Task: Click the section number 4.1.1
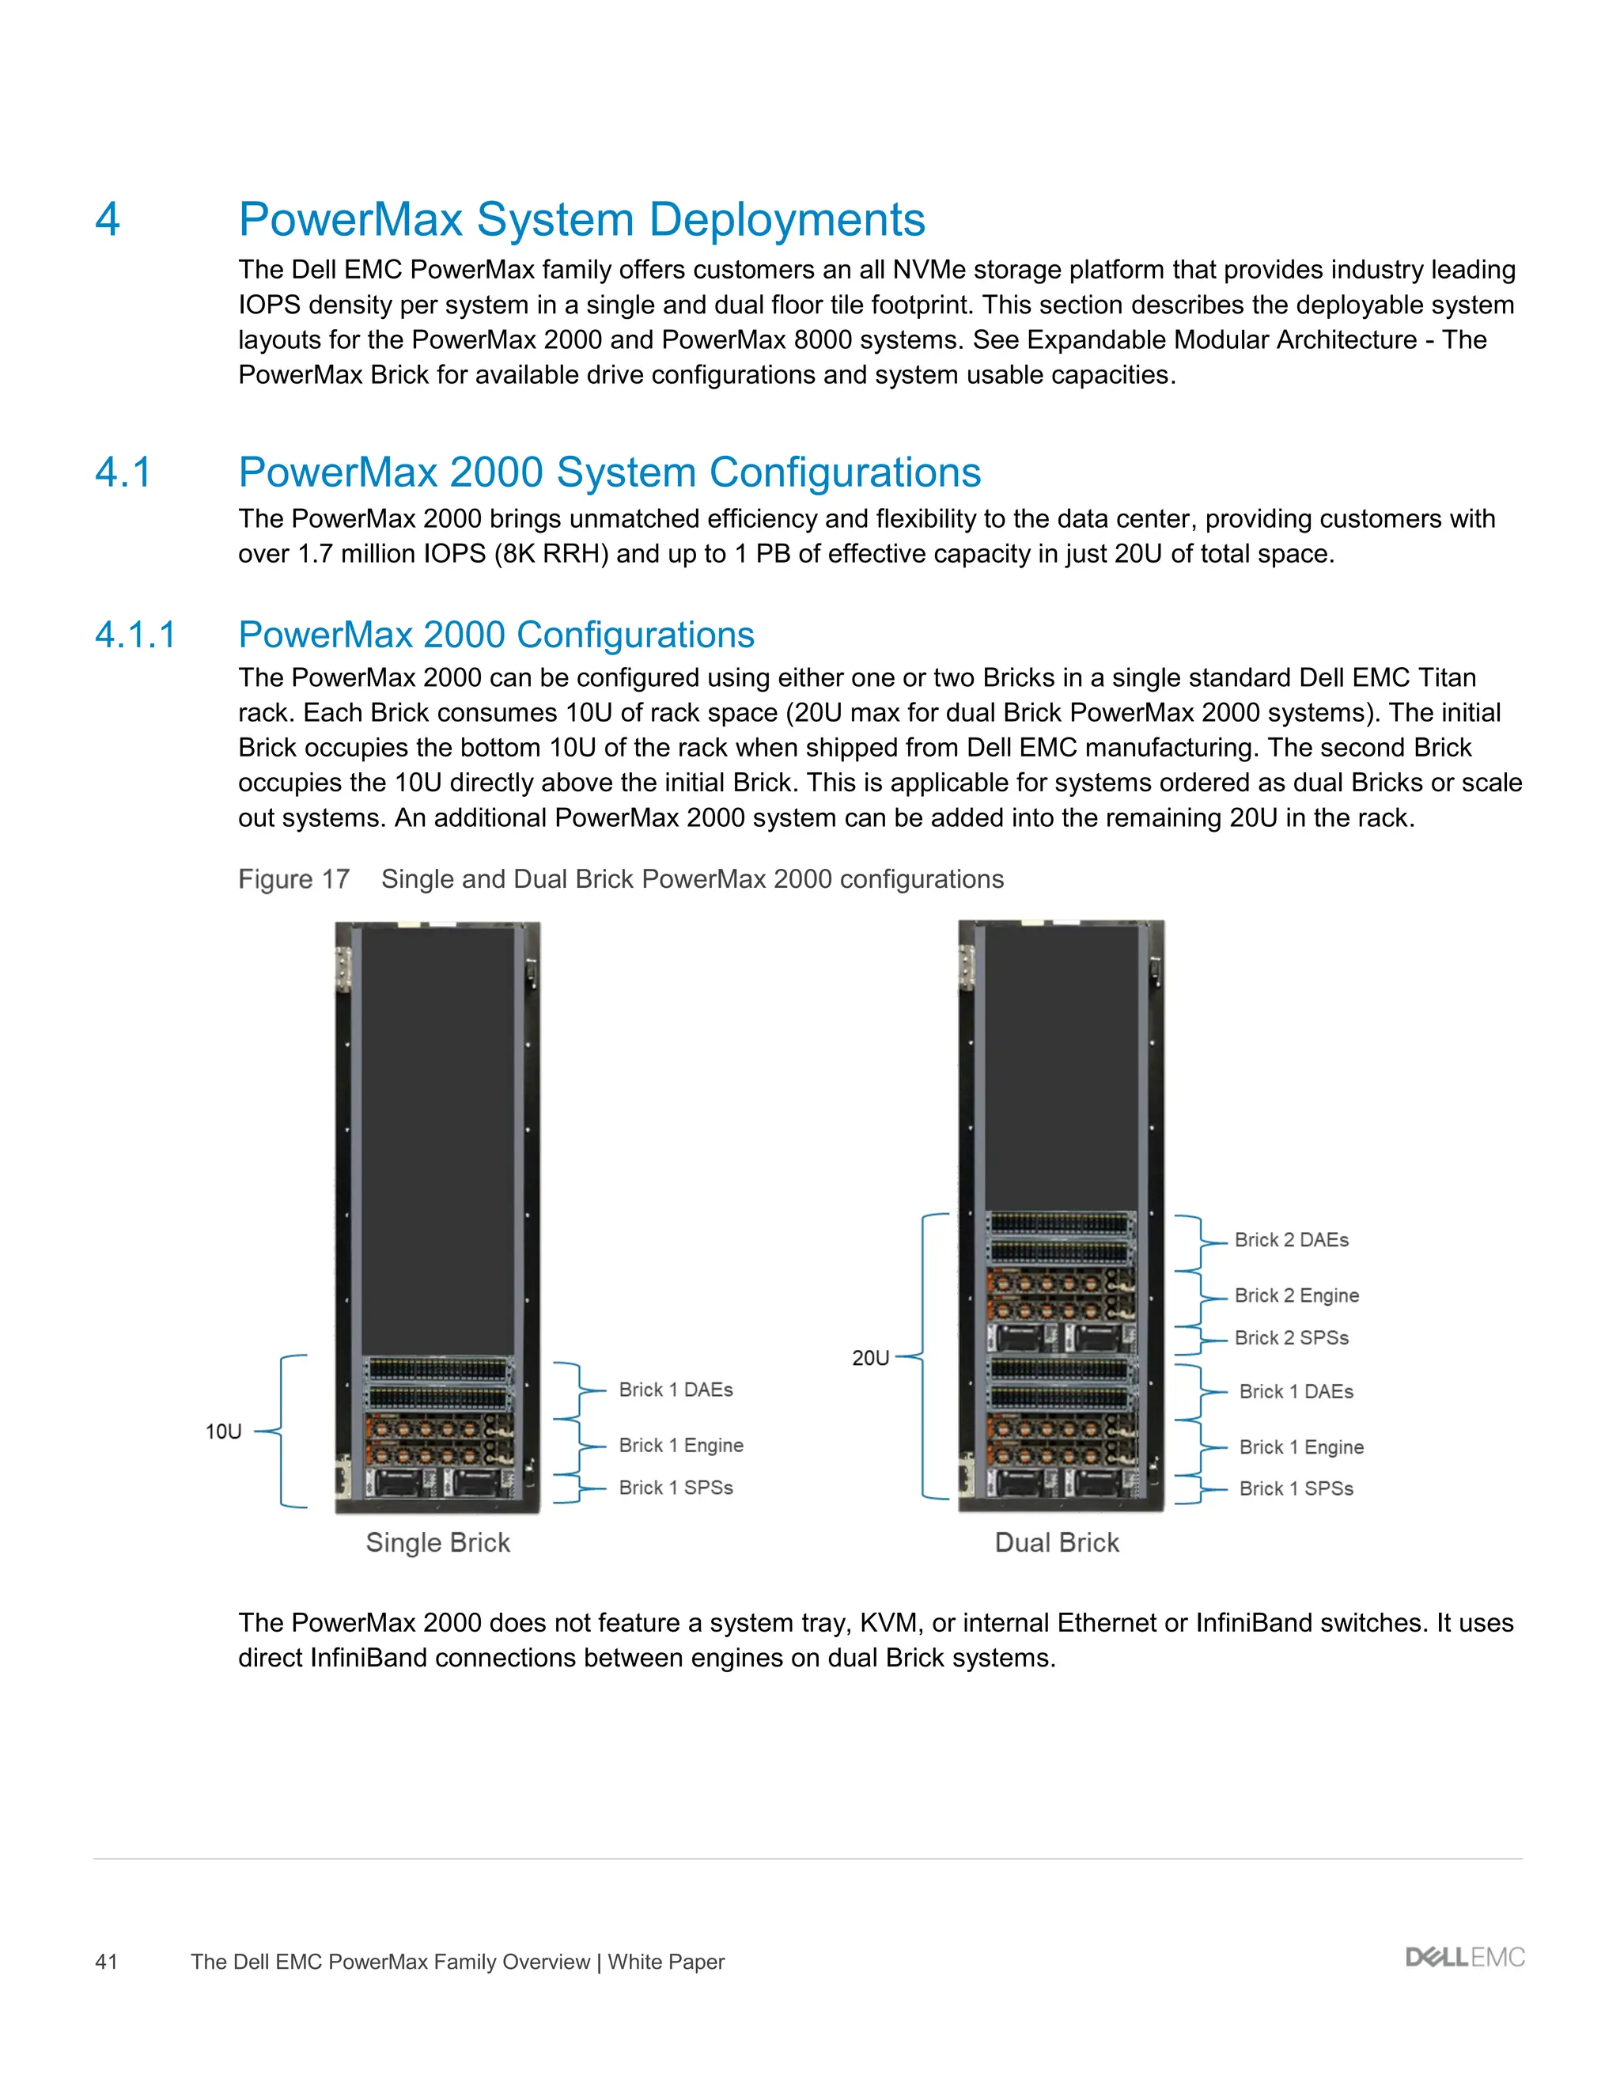click(135, 635)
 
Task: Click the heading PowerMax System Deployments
click(581, 219)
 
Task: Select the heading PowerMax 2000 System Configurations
click(609, 472)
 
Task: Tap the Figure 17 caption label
click(293, 879)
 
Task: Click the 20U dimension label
click(870, 1358)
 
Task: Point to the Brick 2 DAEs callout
click(1291, 1239)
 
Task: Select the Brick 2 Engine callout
click(1296, 1295)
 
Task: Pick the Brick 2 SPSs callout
click(1291, 1337)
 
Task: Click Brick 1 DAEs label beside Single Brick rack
click(676, 1390)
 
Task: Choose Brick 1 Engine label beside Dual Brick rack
click(1300, 1447)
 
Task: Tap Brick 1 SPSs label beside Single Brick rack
click(676, 1488)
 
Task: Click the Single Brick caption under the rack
click(437, 1543)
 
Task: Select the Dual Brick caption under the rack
click(1057, 1543)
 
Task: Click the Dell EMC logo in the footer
click(1464, 1958)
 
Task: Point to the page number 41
click(107, 1962)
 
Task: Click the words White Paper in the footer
click(666, 1962)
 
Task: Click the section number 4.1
click(123, 472)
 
